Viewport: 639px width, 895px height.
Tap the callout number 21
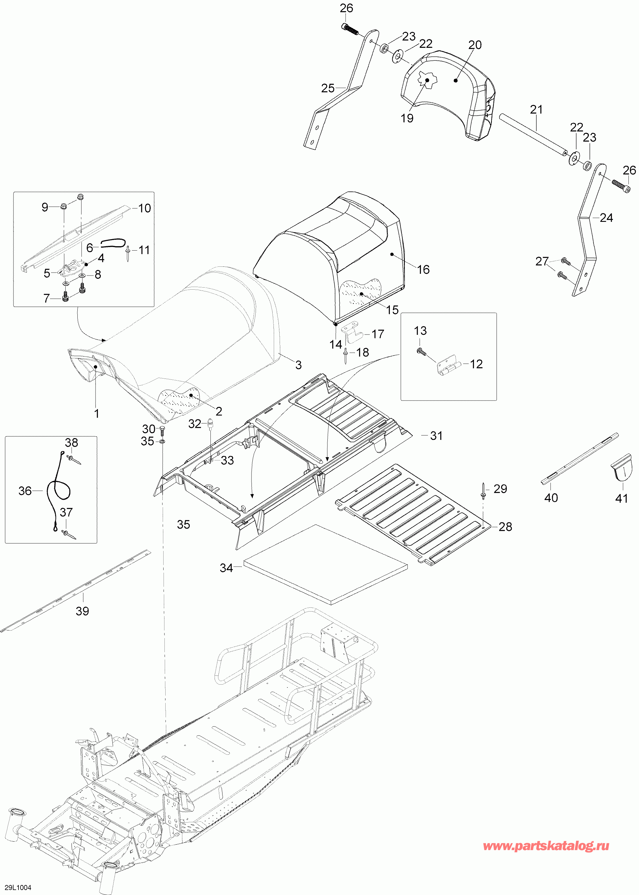(536, 109)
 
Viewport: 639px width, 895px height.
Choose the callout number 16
(423, 269)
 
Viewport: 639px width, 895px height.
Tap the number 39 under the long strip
(82, 611)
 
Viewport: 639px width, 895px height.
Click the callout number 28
(505, 527)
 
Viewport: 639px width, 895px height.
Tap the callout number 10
(145, 208)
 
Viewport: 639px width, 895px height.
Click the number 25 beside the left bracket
(328, 88)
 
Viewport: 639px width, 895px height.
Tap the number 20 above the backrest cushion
(475, 45)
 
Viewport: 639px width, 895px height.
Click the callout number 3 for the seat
(299, 365)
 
